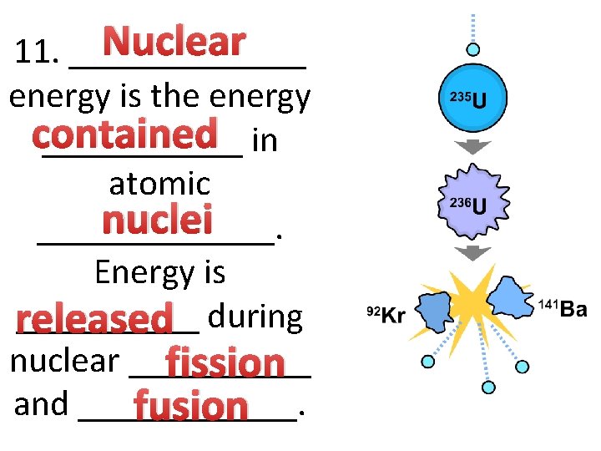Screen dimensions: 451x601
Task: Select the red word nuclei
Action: coord(157,221)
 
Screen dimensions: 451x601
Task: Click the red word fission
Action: coord(225,363)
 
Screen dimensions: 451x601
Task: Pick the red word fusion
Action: coord(191,407)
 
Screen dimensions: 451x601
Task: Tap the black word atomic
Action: coord(159,183)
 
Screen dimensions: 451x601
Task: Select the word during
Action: coord(255,317)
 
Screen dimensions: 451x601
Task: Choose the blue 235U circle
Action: coord(472,99)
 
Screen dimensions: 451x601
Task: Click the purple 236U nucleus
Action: coord(472,203)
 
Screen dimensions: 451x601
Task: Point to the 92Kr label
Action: coord(386,314)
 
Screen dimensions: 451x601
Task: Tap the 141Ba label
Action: coord(562,310)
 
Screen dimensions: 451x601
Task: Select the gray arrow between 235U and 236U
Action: coord(472,149)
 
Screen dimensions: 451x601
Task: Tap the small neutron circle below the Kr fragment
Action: coord(428,362)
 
